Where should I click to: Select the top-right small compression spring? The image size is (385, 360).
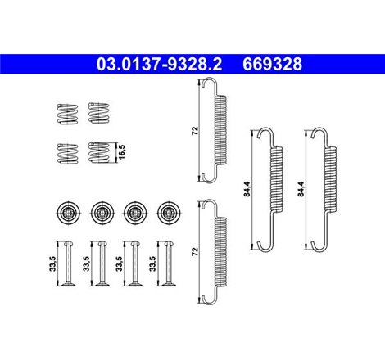tap(97, 113)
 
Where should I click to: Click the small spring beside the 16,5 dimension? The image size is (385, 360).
tap(98, 153)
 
